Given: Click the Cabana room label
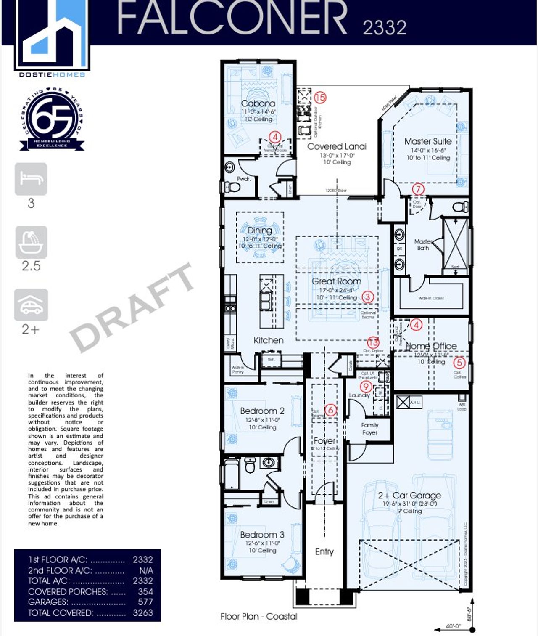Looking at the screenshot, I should click(x=258, y=103).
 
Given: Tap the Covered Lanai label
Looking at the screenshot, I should click(x=337, y=146).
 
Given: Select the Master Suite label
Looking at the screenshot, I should click(x=428, y=141).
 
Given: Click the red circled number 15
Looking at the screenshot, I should click(x=320, y=98).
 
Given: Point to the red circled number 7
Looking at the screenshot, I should click(x=418, y=189).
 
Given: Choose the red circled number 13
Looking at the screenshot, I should click(x=373, y=342).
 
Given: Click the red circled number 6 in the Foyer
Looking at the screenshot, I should click(x=331, y=410).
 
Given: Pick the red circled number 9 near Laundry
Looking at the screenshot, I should click(x=366, y=386).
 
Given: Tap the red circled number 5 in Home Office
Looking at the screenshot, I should click(x=459, y=362).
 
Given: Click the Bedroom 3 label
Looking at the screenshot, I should click(x=262, y=535).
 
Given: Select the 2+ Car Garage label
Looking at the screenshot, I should click(x=409, y=496).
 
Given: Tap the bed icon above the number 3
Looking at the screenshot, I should click(x=31, y=179).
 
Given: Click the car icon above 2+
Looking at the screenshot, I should click(x=31, y=305).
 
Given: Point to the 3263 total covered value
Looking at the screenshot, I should click(x=143, y=612).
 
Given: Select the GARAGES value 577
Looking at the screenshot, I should click(x=145, y=602).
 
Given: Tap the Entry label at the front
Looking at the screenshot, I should click(x=324, y=551).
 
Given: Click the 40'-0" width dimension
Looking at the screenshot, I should click(x=453, y=626).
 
